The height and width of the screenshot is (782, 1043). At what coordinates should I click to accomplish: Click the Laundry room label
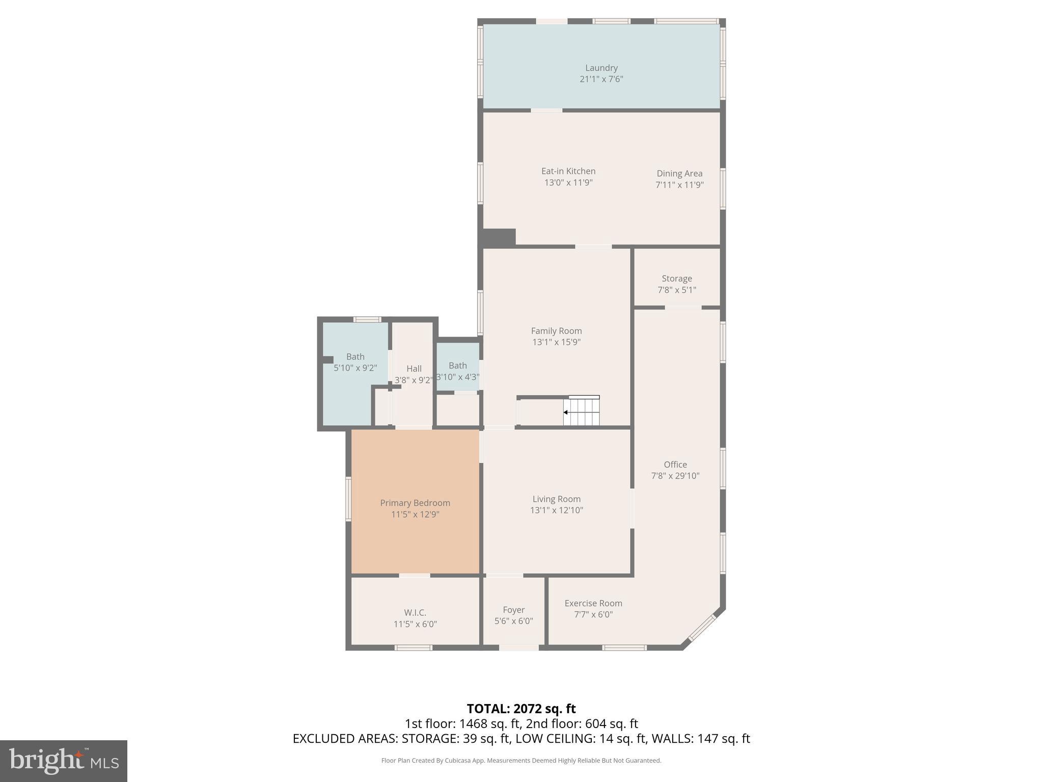(601, 68)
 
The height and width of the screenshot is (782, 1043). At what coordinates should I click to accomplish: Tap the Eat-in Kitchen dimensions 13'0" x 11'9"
(568, 182)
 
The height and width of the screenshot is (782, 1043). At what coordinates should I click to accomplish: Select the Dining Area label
(679, 173)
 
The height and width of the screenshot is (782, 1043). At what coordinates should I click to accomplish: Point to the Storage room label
(676, 278)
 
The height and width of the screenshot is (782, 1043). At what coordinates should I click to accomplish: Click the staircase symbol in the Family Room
(582, 411)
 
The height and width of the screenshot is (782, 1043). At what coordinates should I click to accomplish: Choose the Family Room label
(556, 331)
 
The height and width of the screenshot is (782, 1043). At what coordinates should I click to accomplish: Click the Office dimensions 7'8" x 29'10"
(675, 476)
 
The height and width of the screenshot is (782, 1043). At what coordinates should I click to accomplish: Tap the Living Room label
(556, 499)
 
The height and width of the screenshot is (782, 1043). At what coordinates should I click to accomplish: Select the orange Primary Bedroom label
(415, 503)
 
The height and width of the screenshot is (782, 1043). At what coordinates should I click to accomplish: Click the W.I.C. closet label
(415, 612)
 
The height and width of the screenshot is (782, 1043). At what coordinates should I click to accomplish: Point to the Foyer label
(513, 609)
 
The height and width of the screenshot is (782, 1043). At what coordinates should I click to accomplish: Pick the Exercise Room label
(593, 603)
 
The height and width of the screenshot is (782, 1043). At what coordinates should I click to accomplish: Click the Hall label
(414, 369)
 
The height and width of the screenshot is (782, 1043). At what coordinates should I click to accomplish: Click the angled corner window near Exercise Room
(702, 628)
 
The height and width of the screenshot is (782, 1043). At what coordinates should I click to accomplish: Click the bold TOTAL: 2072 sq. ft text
(521, 709)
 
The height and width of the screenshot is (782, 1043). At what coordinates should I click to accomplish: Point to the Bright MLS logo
(63, 761)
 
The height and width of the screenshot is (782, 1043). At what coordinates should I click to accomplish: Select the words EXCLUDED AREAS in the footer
(345, 739)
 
